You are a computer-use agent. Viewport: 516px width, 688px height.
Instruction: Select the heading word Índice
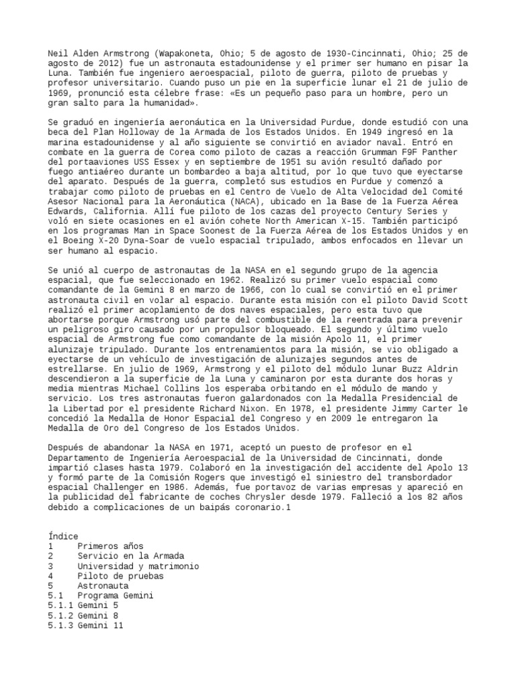pyautogui.click(x=64, y=536)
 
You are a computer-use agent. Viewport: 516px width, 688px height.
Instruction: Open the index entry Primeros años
pyautogui.click(x=110, y=546)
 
